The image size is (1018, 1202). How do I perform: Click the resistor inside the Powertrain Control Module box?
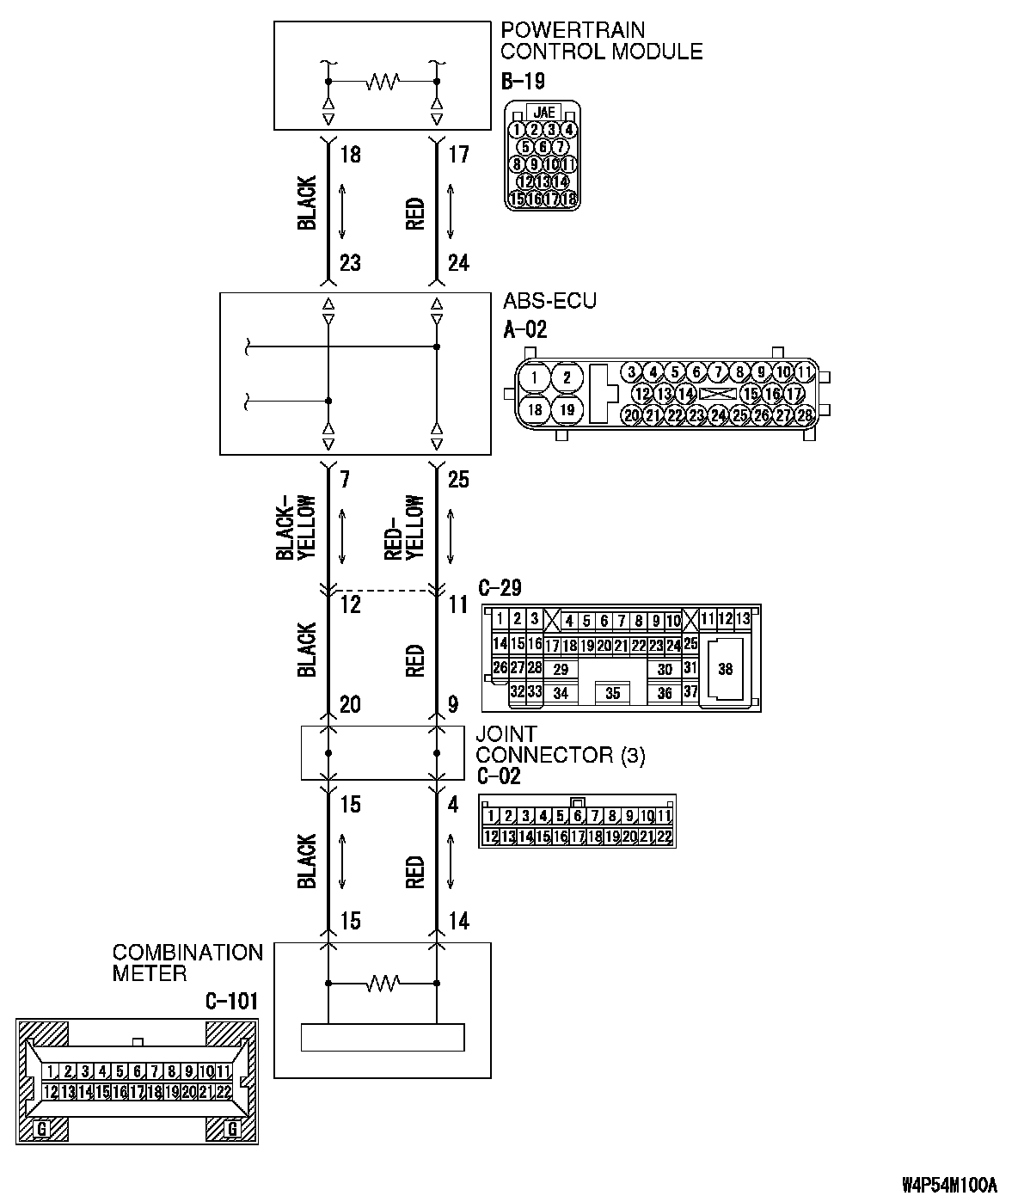coord(382,83)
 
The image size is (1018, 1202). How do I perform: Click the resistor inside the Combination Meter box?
coord(382,982)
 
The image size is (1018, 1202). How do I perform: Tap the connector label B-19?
coord(522,82)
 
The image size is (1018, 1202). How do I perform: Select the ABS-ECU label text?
coord(549,302)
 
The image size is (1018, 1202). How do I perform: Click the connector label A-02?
coord(524,328)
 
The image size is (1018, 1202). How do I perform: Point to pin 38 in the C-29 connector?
coord(725,669)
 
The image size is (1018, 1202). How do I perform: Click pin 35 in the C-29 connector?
coord(612,693)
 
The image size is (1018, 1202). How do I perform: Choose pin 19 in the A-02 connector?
coord(567,410)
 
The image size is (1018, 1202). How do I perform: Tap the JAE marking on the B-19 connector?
coord(543,112)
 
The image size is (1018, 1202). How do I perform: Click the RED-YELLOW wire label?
coord(405,526)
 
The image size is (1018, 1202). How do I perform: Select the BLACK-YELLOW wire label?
coord(297,526)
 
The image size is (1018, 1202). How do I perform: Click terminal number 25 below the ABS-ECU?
coord(458,479)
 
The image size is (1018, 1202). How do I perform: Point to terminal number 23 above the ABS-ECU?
coord(350,262)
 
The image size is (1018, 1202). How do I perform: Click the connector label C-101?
coord(231,1002)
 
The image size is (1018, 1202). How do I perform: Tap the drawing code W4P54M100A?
coord(949,1185)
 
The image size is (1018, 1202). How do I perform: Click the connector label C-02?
coord(499,776)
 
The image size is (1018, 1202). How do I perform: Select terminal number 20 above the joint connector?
coord(350,705)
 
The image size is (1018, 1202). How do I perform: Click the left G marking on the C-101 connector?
coord(40,1129)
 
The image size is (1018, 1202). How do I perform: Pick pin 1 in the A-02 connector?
coord(535,377)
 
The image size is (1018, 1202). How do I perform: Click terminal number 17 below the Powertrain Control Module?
coord(458,155)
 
